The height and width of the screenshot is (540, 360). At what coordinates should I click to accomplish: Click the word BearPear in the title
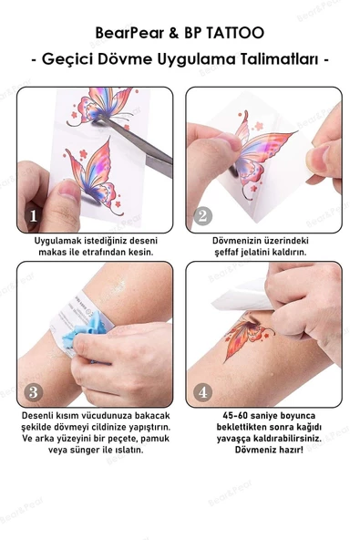pos(129,33)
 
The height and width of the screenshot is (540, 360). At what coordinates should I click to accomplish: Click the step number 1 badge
pos(34,216)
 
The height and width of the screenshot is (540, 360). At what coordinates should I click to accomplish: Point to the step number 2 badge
pos(203,216)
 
